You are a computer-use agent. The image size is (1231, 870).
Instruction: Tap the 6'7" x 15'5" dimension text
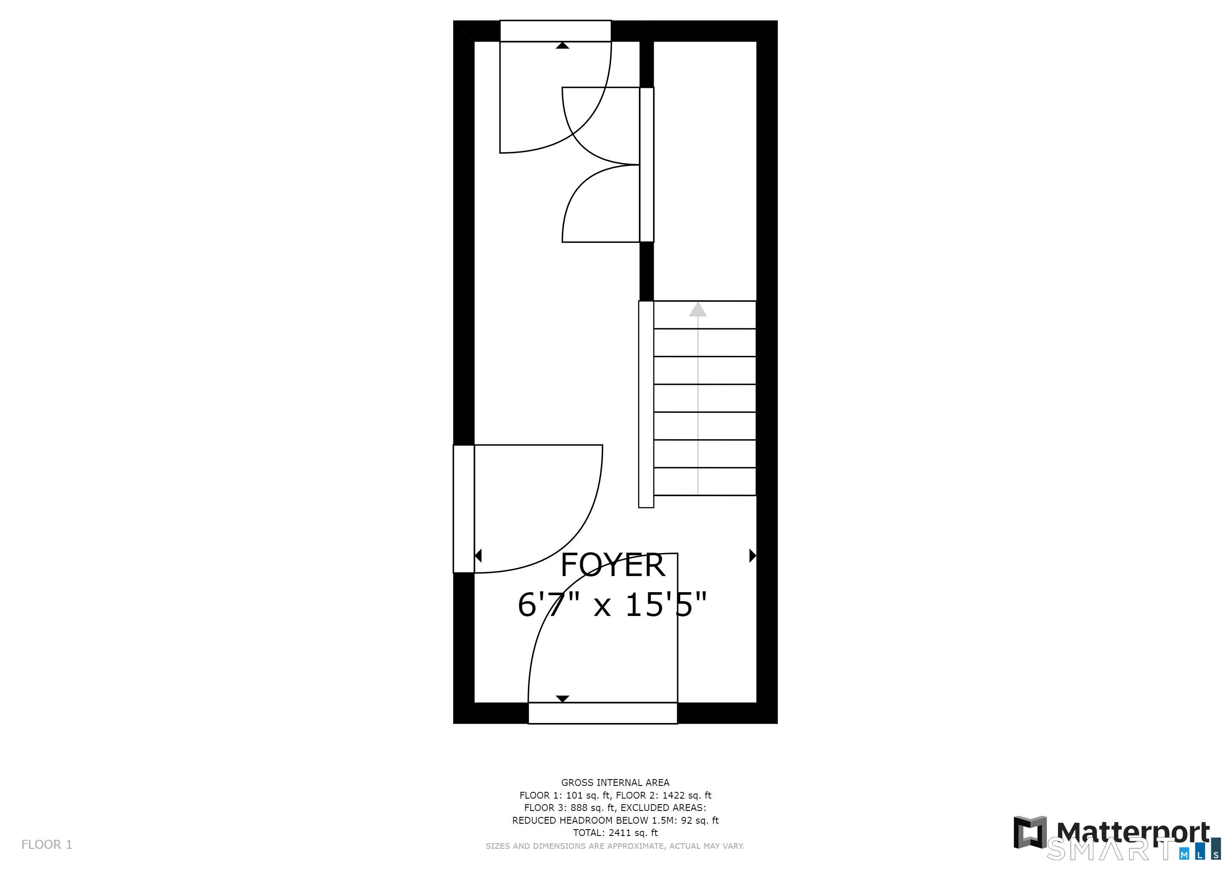click(612, 605)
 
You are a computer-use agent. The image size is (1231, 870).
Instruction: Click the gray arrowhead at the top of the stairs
click(698, 309)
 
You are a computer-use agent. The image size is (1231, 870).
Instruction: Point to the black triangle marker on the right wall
click(753, 556)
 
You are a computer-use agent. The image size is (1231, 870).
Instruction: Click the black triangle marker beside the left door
click(478, 556)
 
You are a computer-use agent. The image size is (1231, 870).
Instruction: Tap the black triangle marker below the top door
click(562, 45)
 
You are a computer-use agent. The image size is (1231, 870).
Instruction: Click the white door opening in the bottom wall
click(603, 713)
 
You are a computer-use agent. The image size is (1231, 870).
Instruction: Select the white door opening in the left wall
click(464, 509)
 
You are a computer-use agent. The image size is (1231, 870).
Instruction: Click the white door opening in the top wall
click(556, 31)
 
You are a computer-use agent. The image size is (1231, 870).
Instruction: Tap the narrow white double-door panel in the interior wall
click(647, 164)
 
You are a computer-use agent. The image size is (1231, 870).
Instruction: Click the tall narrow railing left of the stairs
click(646, 404)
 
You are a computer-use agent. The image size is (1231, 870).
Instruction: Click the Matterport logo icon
click(1030, 832)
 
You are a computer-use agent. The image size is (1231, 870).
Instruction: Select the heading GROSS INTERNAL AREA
click(615, 782)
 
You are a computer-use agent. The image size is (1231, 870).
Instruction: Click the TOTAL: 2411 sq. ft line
click(615, 833)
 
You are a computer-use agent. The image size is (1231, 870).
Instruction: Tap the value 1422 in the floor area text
click(673, 796)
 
